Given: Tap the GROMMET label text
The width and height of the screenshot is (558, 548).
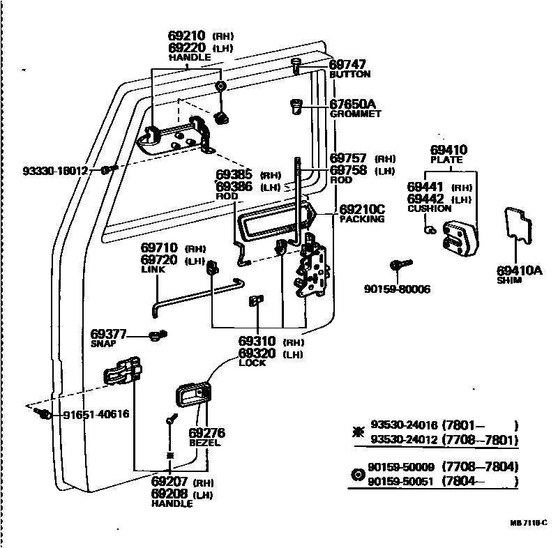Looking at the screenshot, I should click(355, 114).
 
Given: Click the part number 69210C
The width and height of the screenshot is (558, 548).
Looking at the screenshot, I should click(362, 209).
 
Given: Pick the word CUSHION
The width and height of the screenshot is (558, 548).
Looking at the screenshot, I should click(429, 208).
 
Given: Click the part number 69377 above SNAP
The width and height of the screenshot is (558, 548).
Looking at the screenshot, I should click(108, 335).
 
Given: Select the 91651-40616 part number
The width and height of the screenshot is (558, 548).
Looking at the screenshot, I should click(96, 414).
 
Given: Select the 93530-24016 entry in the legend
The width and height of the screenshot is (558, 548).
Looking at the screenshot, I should click(405, 425).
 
